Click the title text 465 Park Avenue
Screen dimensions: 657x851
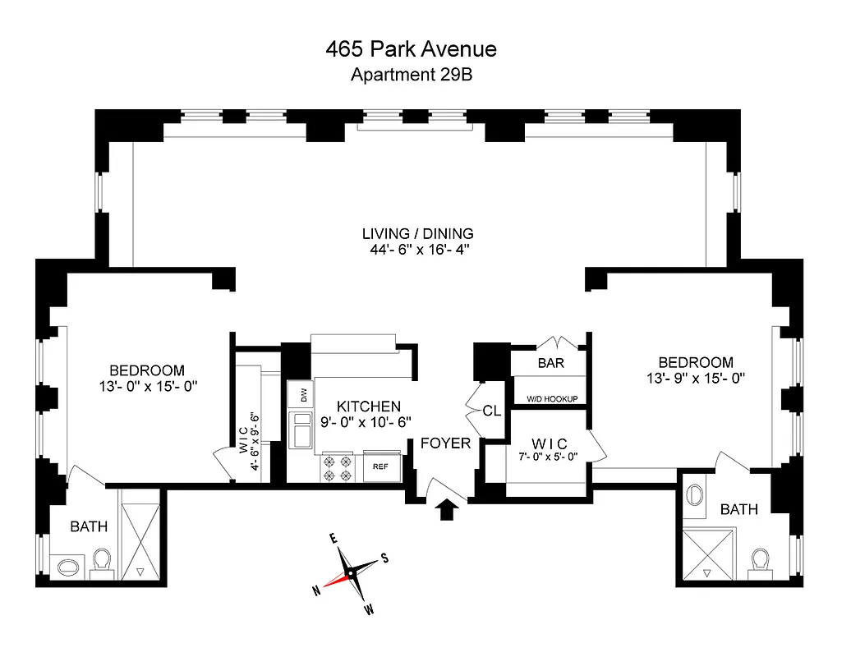coord(411,49)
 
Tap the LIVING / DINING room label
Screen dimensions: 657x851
coord(418,233)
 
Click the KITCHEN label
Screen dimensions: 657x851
coord(368,407)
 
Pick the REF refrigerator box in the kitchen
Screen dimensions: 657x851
coord(380,466)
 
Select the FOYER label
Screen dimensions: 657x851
coord(445,443)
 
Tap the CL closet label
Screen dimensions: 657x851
coord(491,411)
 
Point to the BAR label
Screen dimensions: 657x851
coord(550,362)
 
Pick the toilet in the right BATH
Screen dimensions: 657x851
coord(760,563)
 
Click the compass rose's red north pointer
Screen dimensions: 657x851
coord(332,581)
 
